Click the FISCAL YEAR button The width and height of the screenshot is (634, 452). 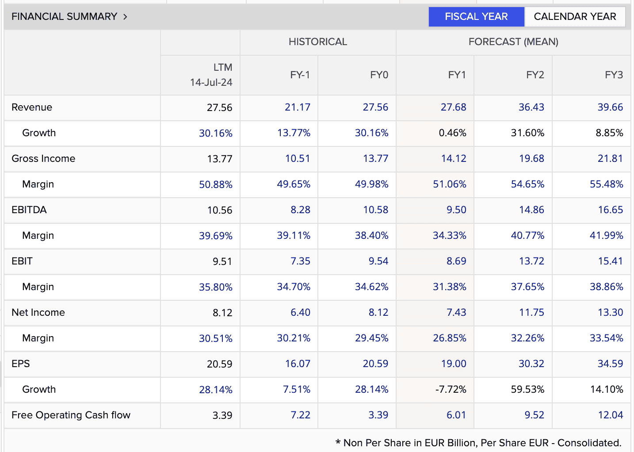click(x=476, y=17)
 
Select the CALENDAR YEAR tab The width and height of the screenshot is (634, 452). click(x=575, y=17)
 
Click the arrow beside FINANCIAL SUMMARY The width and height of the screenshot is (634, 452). click(x=125, y=17)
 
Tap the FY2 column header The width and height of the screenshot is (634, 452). click(x=535, y=75)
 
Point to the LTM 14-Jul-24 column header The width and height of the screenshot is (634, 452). click(x=211, y=75)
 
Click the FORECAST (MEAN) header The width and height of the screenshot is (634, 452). click(x=513, y=42)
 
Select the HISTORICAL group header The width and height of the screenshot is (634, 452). click(x=317, y=42)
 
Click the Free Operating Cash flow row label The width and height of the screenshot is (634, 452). click(x=71, y=415)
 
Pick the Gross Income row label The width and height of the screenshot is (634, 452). click(x=43, y=159)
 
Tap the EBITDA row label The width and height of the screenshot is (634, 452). click(x=29, y=210)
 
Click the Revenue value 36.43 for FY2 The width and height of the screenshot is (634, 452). click(x=531, y=107)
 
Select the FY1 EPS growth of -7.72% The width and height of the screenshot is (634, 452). click(x=451, y=389)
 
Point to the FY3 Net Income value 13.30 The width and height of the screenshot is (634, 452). click(x=610, y=312)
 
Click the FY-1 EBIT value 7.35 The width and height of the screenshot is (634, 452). click(x=300, y=261)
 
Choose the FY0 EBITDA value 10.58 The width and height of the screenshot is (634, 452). click(x=376, y=210)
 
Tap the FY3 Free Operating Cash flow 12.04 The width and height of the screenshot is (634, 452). click(x=610, y=415)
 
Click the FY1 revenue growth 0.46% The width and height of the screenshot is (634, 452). click(x=452, y=133)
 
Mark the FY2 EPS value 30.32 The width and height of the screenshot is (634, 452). click(x=531, y=364)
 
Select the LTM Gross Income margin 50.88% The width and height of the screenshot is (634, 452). click(x=215, y=185)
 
